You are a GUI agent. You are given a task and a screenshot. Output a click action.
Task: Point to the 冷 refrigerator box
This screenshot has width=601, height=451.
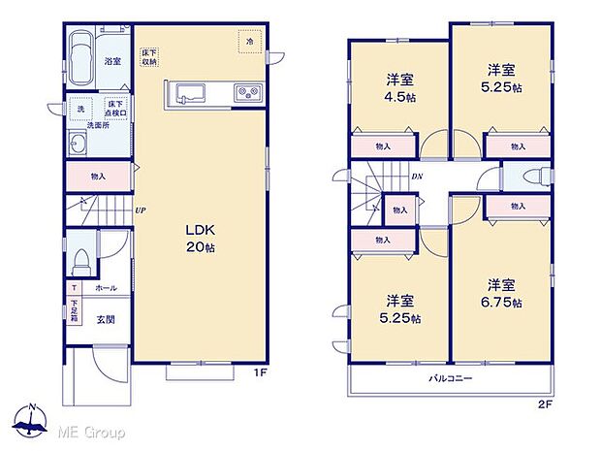[248, 42]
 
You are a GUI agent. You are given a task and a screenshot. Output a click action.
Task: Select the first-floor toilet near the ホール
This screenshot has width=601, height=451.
[83, 259]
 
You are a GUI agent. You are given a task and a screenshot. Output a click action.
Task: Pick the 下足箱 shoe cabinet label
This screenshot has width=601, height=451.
[74, 314]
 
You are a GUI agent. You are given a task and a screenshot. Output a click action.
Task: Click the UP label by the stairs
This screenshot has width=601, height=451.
[141, 210]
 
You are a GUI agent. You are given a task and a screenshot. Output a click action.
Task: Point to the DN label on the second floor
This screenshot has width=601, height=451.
[416, 177]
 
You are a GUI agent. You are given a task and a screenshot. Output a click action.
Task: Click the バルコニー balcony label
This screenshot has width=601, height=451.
[450, 377]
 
